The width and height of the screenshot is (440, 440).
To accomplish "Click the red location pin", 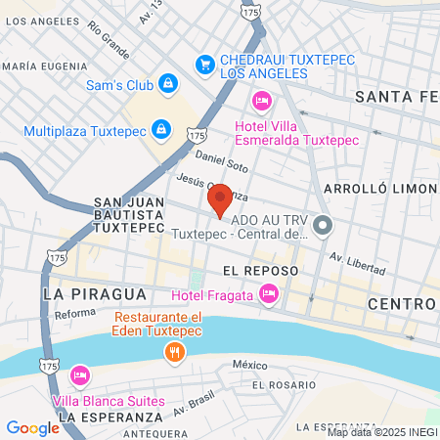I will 220,199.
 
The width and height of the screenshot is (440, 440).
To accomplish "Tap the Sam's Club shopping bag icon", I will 169,84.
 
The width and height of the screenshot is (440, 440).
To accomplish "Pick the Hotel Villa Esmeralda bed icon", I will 260,100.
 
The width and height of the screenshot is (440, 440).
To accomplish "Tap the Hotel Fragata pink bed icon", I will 269,294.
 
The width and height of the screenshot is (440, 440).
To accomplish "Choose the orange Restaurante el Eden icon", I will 176,353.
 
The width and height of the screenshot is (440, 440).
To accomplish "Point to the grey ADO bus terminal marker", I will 324,226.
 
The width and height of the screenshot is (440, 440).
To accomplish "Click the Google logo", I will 32,427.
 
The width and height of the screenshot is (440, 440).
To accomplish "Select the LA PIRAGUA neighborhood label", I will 95,293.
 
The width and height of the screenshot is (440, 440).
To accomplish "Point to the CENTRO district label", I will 401,304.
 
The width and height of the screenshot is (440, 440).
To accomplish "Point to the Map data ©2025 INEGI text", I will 381,431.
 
